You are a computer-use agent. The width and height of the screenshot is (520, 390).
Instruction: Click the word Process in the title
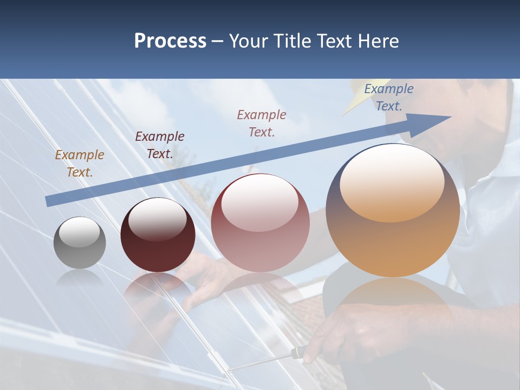[170, 41]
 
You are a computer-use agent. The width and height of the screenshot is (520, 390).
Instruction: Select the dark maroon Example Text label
[160, 145]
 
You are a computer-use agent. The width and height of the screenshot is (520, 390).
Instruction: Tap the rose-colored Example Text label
[262, 123]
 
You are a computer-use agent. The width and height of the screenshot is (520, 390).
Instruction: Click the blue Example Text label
[389, 97]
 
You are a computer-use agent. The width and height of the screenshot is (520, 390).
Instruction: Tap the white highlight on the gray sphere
[79, 232]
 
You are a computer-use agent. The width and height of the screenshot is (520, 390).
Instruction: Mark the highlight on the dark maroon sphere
[157, 218]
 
